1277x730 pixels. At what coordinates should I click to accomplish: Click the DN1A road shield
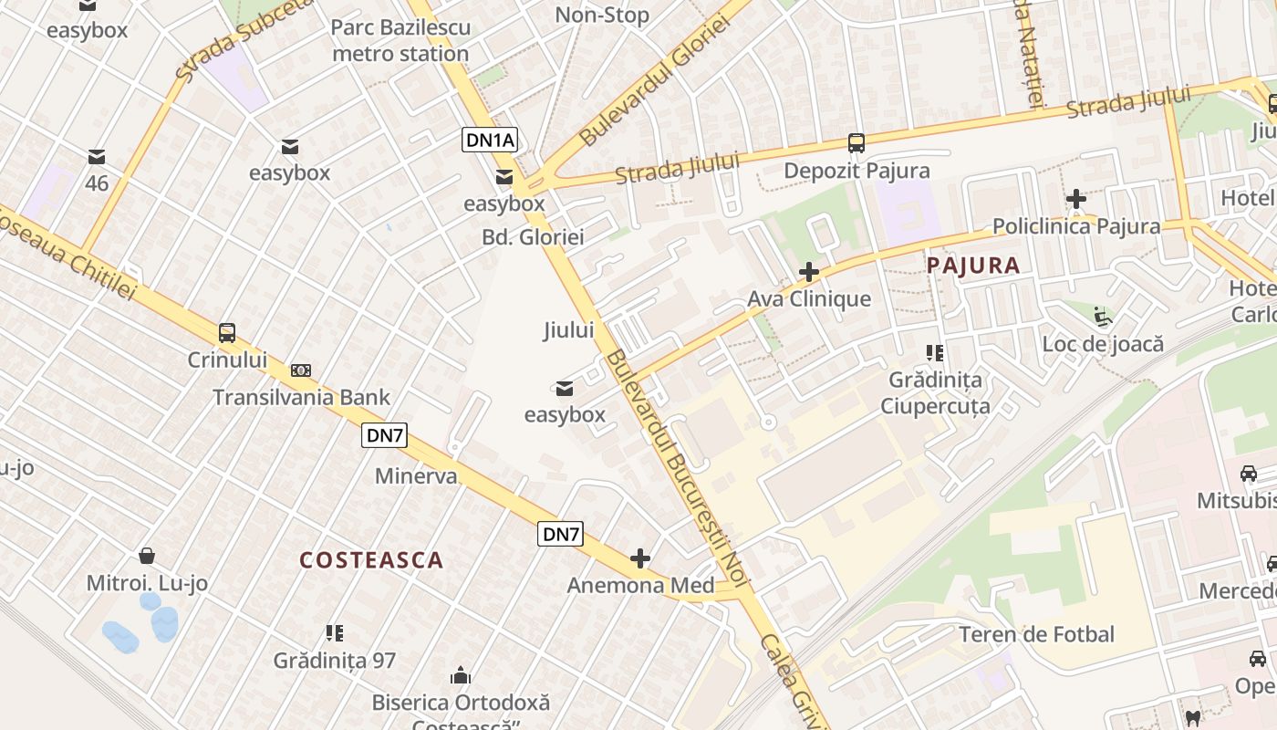pos(491,140)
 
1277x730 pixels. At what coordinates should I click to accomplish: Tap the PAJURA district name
pos(972,266)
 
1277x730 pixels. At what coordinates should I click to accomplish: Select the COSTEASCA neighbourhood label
pos(371,560)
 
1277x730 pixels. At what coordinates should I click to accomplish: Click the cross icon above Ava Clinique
pos(808,272)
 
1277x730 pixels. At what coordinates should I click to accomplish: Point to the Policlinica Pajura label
pos(1076,226)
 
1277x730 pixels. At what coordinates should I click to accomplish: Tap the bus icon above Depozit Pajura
pos(856,143)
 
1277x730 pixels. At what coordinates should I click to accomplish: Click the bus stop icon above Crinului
pos(226,333)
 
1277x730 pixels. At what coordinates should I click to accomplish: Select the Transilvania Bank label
pos(301,397)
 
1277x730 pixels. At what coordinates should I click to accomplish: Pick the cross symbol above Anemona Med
pos(640,558)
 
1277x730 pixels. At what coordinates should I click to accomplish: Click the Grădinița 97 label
pos(335,660)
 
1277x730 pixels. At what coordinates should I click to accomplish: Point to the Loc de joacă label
pos(1103,344)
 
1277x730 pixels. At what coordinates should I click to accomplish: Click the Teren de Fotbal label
pos(1036,634)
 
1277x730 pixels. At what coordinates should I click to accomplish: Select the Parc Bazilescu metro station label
pos(400,40)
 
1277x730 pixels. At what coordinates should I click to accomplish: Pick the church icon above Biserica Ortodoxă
pos(461,675)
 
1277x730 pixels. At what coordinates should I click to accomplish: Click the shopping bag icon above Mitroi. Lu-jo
pos(146,555)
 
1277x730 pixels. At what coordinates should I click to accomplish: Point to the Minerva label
pos(415,476)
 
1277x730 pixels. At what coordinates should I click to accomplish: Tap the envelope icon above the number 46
pos(97,157)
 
